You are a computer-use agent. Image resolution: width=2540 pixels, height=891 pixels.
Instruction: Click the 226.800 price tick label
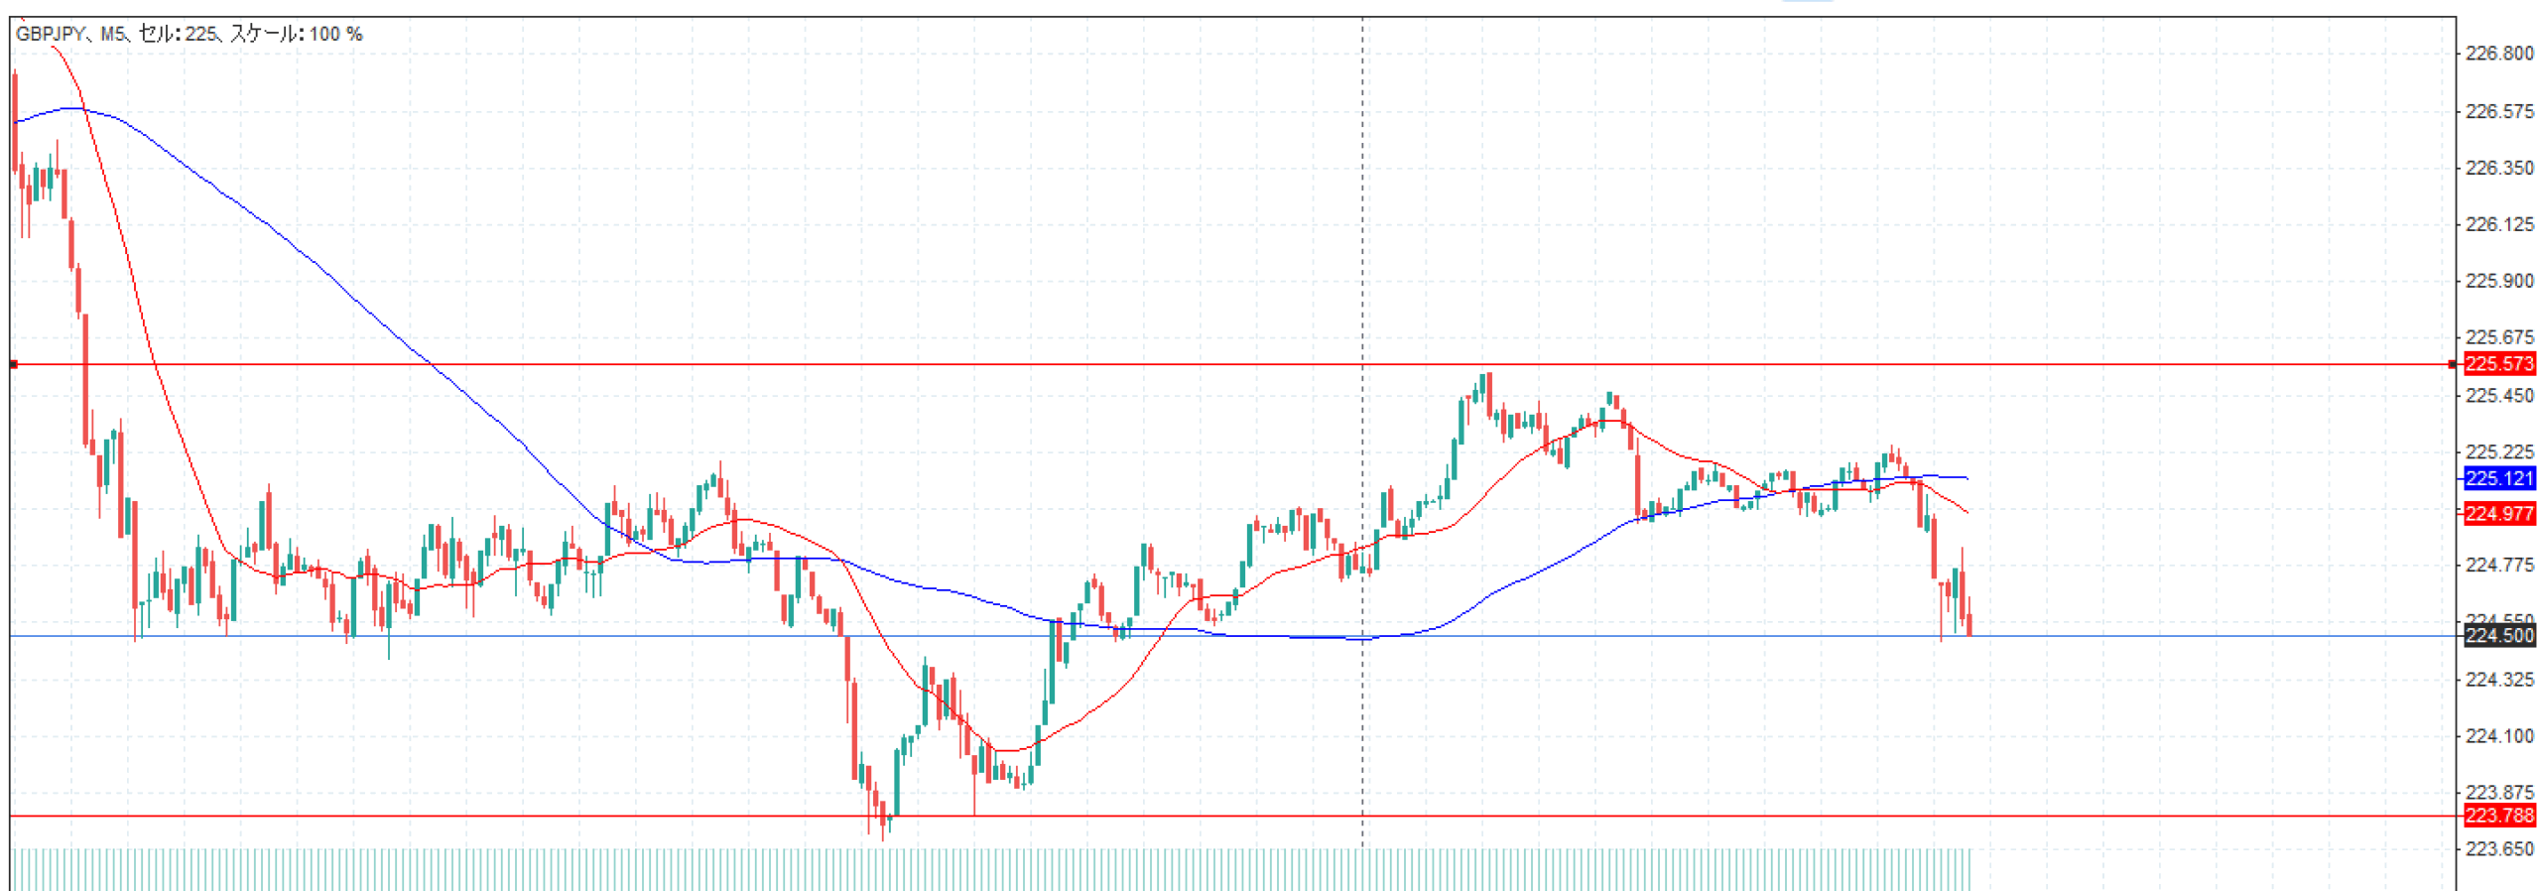coord(2498,54)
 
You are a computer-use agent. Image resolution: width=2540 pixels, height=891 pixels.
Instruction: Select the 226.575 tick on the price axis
coord(2498,111)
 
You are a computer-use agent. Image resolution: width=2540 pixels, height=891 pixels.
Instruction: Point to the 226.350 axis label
coord(2498,168)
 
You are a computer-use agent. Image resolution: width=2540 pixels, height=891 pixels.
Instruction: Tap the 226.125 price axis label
coord(2498,224)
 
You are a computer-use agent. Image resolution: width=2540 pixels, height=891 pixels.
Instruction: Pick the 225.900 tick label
coord(2498,281)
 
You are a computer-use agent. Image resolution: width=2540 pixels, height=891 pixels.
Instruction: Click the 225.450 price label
coord(2498,396)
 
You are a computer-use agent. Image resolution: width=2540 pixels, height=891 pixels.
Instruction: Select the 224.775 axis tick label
coord(2498,565)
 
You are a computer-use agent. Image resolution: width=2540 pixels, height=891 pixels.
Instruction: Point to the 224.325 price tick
coord(2498,680)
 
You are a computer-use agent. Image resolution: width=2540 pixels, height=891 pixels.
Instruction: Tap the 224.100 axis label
coord(2498,736)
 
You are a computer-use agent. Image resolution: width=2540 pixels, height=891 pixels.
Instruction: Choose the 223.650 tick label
coord(2498,849)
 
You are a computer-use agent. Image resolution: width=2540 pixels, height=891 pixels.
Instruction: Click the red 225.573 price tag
coord(2498,364)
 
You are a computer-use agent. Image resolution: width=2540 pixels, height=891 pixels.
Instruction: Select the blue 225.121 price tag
coord(2498,478)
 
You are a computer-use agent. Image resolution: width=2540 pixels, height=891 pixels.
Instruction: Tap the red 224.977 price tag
coord(2498,513)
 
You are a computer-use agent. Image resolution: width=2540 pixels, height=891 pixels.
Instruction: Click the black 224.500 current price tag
coord(2498,635)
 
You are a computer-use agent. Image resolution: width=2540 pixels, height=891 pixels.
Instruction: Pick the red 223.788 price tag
coord(2498,816)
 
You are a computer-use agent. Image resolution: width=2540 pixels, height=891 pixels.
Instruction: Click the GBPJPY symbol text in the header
coord(51,34)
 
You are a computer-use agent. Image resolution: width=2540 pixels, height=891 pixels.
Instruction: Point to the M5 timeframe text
coord(112,34)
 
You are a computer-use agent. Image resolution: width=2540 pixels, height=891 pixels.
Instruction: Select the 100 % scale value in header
coord(335,34)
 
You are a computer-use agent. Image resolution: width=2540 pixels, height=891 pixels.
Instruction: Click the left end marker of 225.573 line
coord(13,364)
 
